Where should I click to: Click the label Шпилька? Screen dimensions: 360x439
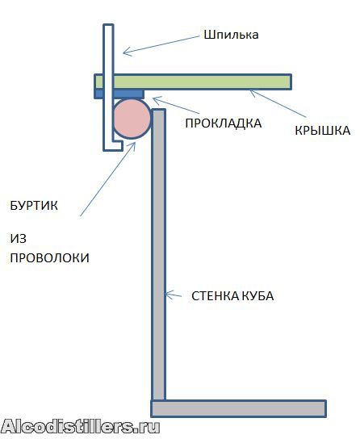click(231, 36)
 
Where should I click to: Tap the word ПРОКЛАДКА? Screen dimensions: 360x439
click(224, 123)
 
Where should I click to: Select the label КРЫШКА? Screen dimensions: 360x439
click(323, 131)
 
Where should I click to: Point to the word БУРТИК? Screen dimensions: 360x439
click(34, 206)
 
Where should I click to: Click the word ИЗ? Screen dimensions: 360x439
click(19, 239)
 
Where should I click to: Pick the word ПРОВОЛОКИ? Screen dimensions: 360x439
click(49, 257)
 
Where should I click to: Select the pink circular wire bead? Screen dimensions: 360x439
click(132, 119)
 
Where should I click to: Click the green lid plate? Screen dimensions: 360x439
click(193, 82)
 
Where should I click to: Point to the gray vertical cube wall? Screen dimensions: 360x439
click(158, 255)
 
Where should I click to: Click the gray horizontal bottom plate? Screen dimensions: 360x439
click(239, 409)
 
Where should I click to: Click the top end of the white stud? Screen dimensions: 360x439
click(108, 25)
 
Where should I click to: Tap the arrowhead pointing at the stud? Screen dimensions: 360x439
click(127, 51)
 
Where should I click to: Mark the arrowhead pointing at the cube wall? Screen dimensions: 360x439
click(169, 295)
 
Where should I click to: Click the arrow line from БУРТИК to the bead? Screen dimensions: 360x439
click(108, 178)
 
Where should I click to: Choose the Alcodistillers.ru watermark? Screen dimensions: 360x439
click(81, 427)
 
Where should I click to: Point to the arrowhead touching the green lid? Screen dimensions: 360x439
click(253, 93)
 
